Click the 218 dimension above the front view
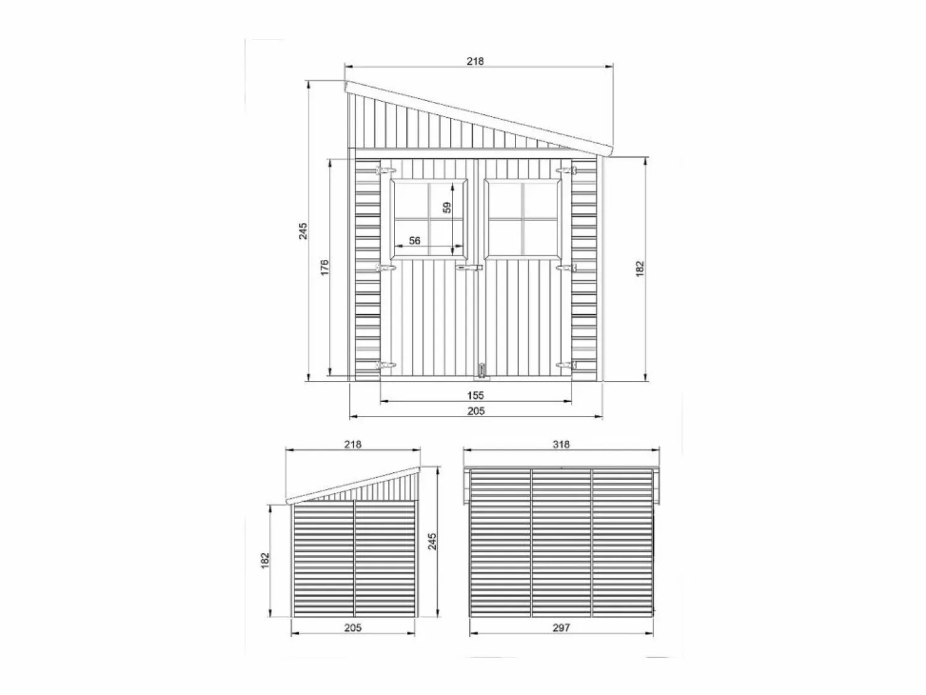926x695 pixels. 475,61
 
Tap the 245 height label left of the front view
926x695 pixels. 303,231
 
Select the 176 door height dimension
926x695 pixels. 325,268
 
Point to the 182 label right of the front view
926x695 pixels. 640,269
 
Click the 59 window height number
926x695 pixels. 447,207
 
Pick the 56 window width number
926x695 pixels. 415,240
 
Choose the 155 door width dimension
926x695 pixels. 475,396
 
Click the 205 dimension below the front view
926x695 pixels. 476,410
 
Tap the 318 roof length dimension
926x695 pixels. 561,444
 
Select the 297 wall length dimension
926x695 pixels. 561,639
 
